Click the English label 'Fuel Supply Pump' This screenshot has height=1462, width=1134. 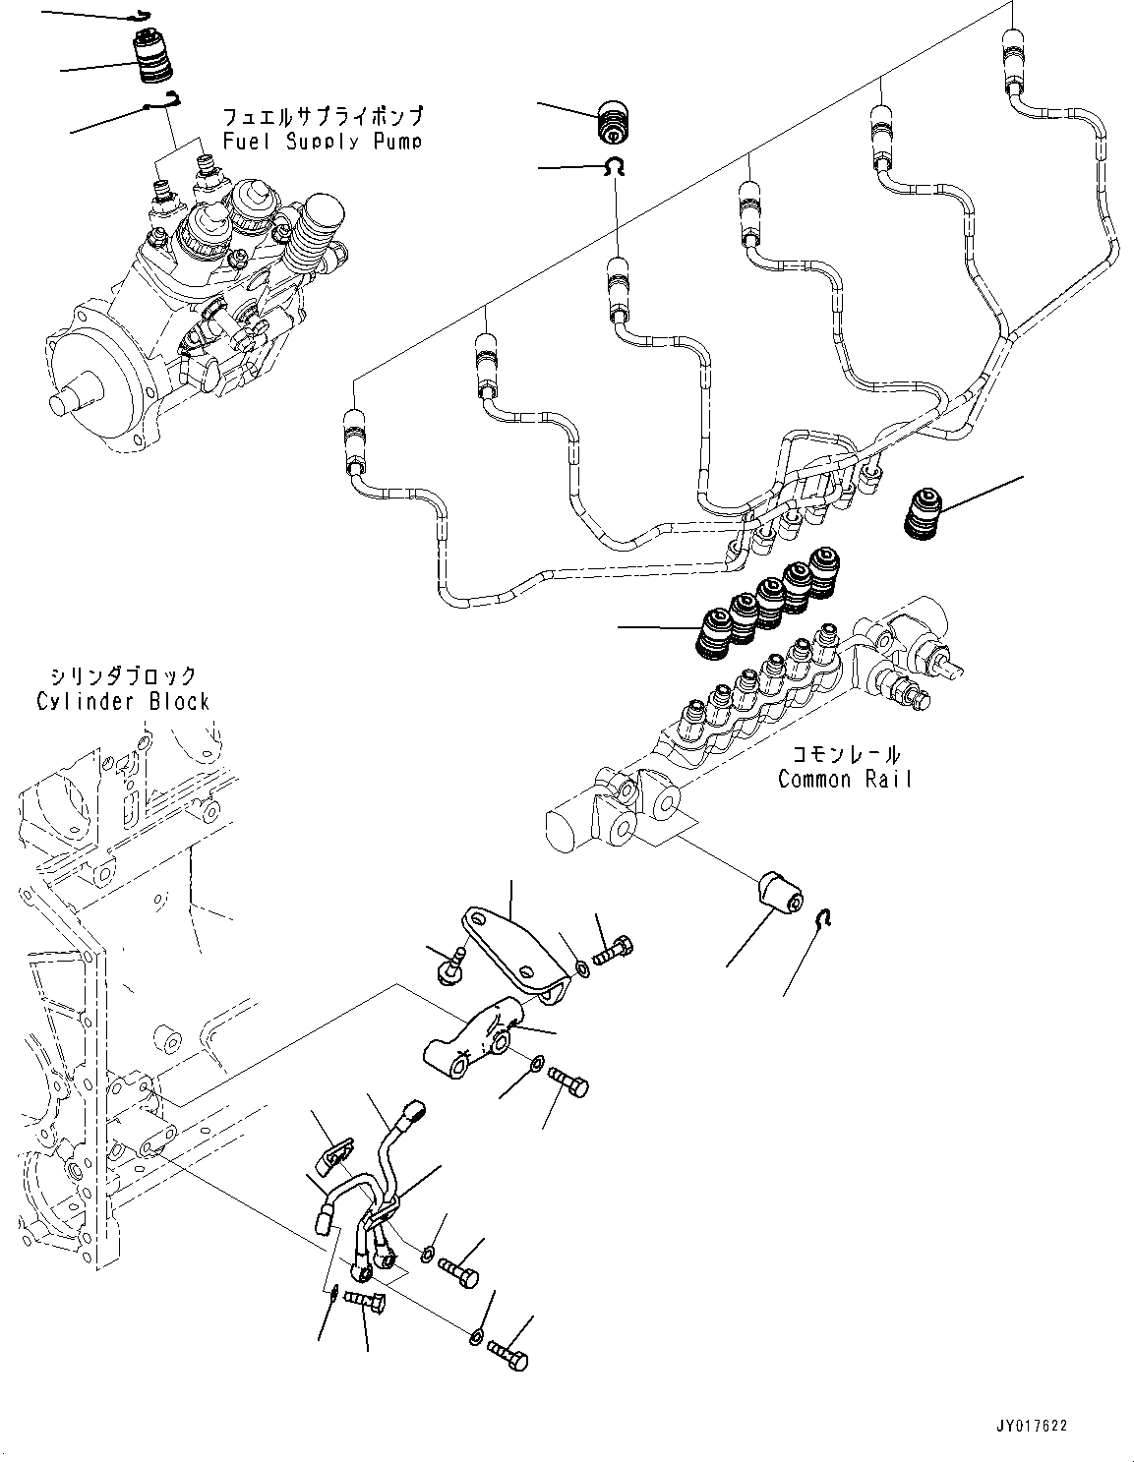(x=323, y=142)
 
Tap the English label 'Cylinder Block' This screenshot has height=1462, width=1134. (x=123, y=701)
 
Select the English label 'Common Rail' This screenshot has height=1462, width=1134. (x=845, y=779)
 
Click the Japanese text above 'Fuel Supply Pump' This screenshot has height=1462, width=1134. (x=323, y=116)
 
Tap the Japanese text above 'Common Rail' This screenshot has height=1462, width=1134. (x=845, y=754)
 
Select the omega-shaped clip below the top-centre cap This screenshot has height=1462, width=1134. (x=615, y=167)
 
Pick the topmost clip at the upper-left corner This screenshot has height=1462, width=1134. (x=142, y=16)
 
